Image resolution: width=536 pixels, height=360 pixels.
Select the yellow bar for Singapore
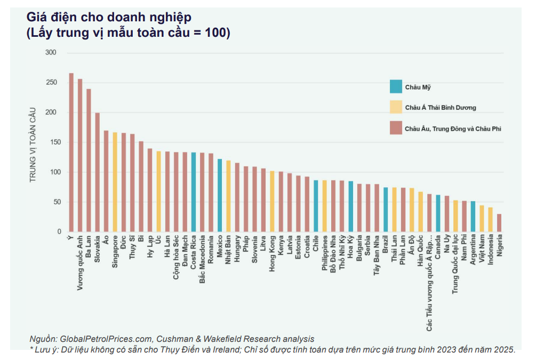[115, 182]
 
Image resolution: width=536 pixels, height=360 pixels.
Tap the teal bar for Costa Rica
[194, 192]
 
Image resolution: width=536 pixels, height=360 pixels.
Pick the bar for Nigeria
[499, 223]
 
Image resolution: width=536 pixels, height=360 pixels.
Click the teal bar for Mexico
[220, 195]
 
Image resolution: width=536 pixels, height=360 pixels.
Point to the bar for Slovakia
[97, 172]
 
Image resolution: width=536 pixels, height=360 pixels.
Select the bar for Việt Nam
[482, 219]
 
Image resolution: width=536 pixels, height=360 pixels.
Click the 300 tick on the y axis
[51, 53]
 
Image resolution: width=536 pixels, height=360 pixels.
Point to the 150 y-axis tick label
[51, 142]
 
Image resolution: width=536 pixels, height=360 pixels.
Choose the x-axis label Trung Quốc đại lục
[455, 264]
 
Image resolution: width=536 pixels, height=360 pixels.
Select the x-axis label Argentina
[473, 251]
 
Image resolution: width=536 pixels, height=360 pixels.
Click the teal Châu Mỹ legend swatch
[396, 86]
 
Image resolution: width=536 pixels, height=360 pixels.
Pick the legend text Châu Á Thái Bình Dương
[440, 107]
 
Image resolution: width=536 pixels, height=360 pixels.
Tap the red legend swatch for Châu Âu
[396, 128]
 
